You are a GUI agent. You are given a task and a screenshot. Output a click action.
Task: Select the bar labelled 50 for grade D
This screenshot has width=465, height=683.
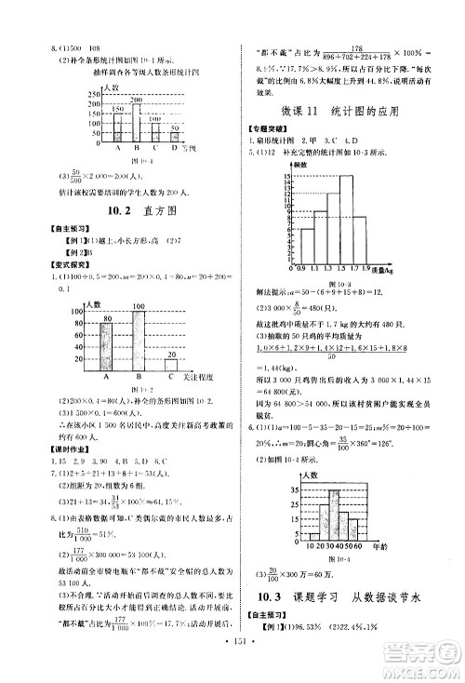174,136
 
